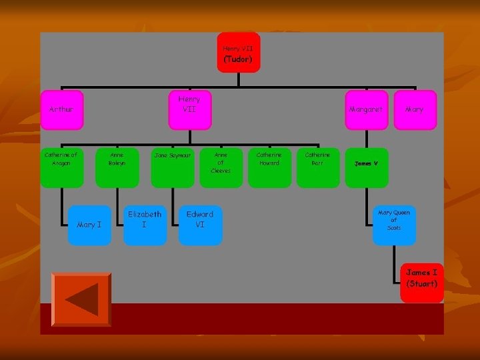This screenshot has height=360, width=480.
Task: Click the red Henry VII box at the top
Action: coord(238,52)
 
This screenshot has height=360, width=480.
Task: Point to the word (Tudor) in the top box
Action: coord(238,59)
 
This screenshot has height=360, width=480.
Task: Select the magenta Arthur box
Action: coord(61,109)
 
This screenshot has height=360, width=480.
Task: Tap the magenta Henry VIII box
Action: coord(189,109)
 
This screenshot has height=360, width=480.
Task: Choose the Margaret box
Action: coord(366,109)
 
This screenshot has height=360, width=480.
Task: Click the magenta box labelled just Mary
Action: coord(414,109)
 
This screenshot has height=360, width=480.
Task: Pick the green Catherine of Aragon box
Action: coord(61,167)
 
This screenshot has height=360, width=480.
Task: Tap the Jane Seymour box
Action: coord(173,167)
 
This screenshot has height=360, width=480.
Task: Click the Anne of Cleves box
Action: coord(221,167)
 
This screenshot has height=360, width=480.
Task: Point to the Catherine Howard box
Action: coord(269,167)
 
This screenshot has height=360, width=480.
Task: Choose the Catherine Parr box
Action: coord(317,167)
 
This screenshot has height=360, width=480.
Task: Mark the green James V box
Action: coord(366,167)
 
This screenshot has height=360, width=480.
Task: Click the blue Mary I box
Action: coord(89,225)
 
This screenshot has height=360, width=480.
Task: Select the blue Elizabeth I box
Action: coord(145,225)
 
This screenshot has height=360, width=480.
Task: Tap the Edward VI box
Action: coord(200,225)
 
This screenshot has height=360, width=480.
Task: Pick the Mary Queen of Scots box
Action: coord(393,225)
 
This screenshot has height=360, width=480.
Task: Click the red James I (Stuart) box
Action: coord(422,283)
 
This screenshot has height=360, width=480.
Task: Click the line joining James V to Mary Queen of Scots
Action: coord(366,197)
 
